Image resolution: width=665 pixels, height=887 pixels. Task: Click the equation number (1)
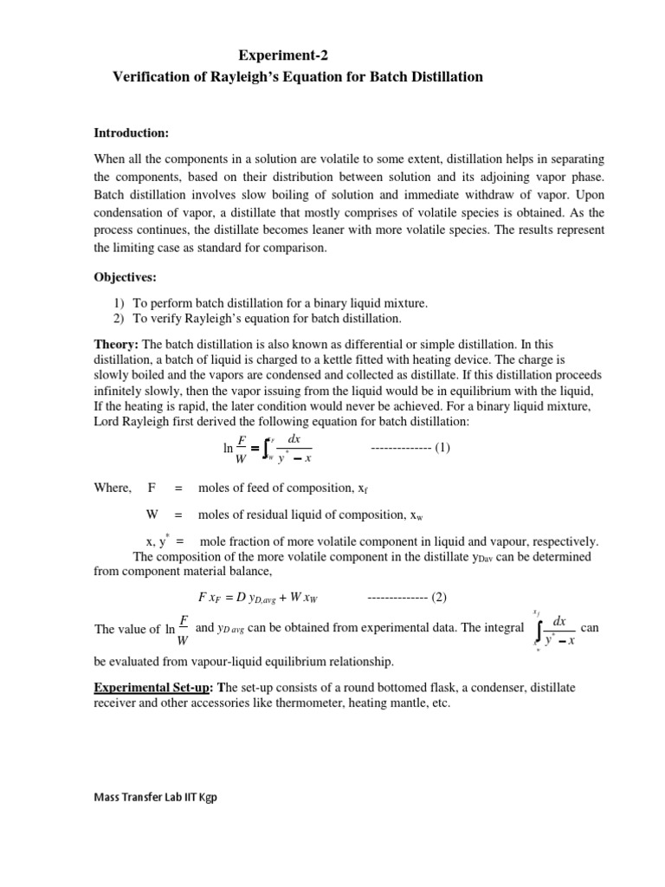click(x=442, y=448)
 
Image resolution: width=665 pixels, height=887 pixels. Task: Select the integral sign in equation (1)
click(x=269, y=449)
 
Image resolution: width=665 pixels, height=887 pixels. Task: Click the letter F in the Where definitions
click(x=152, y=488)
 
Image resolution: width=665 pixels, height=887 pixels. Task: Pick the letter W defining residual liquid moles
click(x=152, y=514)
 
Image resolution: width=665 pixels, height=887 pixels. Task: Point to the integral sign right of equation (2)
click(x=539, y=629)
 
